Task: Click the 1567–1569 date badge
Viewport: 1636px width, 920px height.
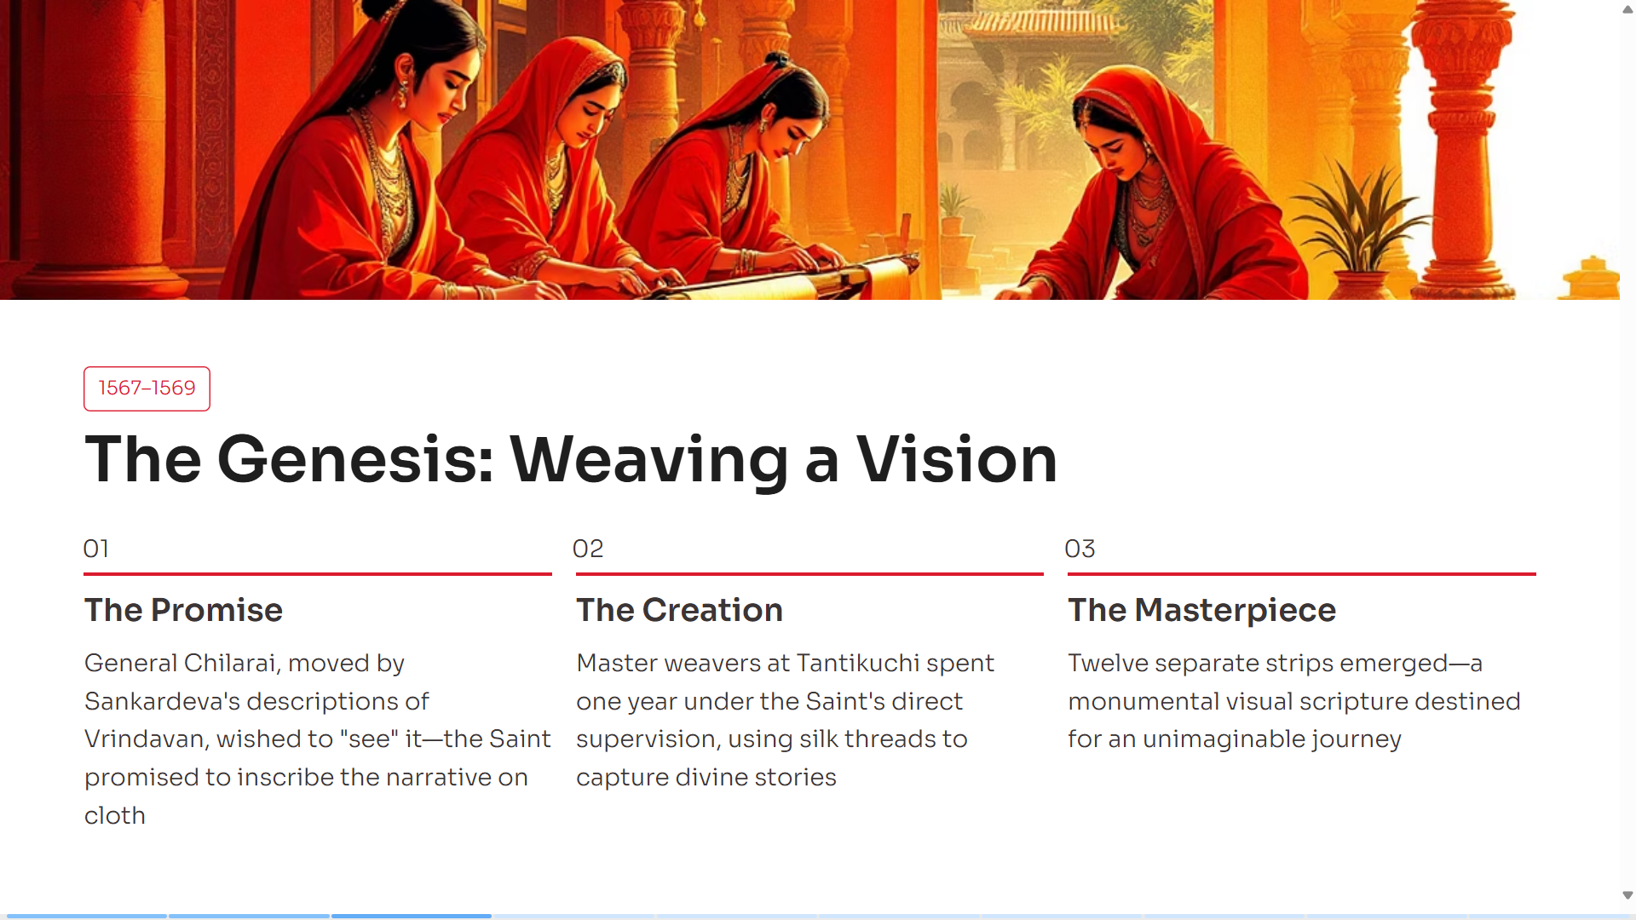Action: (147, 388)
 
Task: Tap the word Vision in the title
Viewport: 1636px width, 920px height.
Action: (956, 460)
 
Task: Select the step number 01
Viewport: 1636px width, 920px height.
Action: (96, 549)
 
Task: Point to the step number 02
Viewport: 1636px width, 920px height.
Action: (588, 549)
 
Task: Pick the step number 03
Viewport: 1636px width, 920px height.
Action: (1080, 549)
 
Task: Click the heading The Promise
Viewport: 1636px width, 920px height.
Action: (183, 610)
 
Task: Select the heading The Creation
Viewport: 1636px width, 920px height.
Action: (679, 610)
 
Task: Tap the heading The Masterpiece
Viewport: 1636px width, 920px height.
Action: (1202, 611)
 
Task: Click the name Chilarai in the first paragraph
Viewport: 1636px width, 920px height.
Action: (229, 663)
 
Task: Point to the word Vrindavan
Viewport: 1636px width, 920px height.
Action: (145, 739)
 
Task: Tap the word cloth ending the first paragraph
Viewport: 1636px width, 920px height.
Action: (115, 815)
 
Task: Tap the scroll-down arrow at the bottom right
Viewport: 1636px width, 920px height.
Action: (1627, 895)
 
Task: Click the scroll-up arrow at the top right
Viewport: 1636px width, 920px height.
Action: (1627, 9)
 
